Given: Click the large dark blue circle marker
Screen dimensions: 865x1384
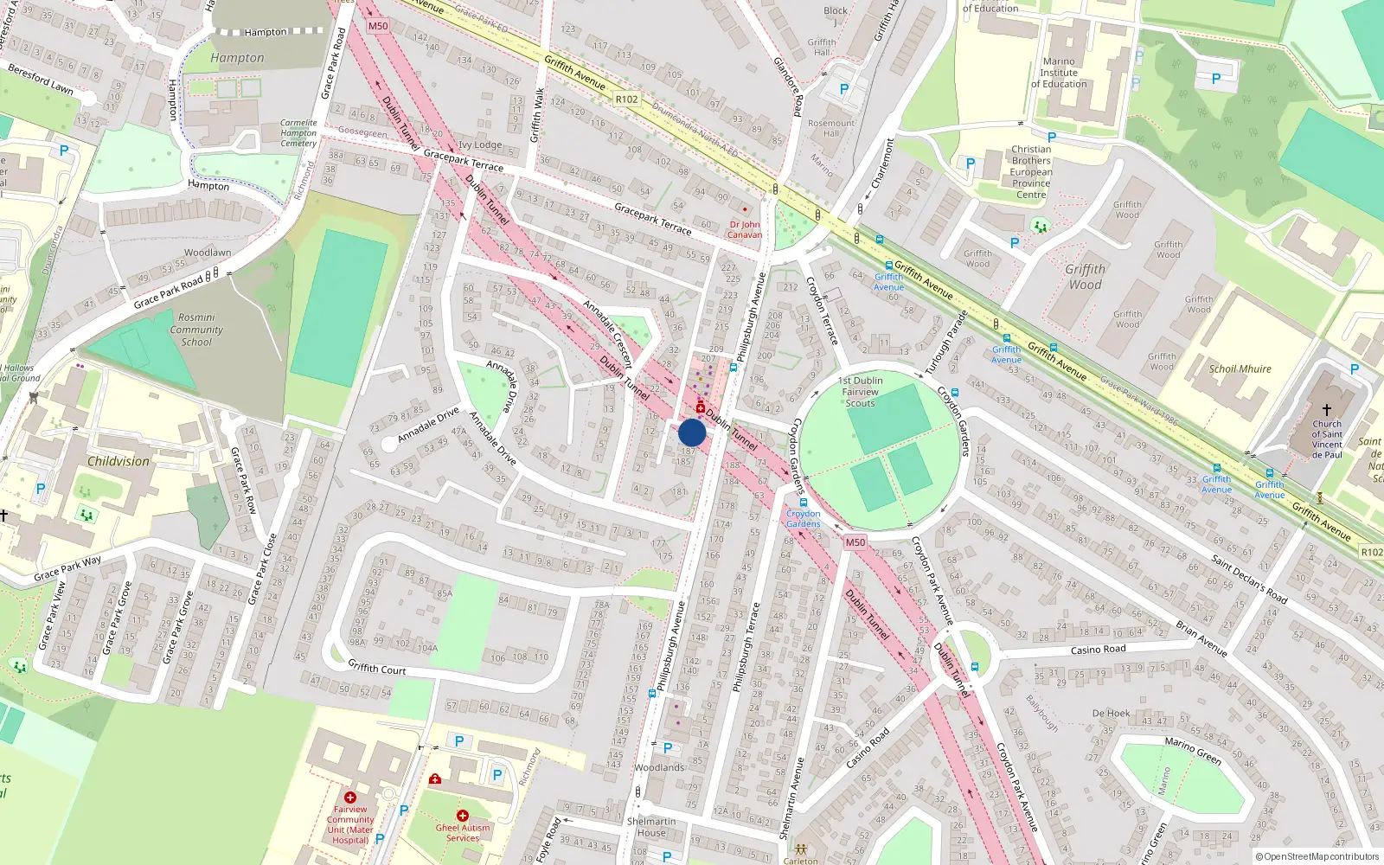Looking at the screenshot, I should pos(692,432).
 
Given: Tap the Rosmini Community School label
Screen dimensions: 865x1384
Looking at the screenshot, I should pos(196,330).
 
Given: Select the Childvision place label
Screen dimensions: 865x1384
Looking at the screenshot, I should pos(119,461).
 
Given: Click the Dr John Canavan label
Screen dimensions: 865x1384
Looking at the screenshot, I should pos(744,229).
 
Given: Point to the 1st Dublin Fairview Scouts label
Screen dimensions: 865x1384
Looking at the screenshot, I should pos(861,392).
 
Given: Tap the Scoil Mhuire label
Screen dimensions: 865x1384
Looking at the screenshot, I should pos(1240,368).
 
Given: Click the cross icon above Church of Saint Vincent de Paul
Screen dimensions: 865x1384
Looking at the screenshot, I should pos(1326,409).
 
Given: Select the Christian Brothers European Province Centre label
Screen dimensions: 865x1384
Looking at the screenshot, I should pos(1031,172).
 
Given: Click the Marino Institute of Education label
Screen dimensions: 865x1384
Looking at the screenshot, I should pos(1059,73).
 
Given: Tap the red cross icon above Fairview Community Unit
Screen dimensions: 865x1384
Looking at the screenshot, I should pos(350,797).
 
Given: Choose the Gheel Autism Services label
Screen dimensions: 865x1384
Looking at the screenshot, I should pos(463,833).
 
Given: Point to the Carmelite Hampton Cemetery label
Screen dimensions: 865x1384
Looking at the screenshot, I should pos(298,133).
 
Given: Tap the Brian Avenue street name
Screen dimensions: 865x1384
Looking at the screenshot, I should pos(1201,638).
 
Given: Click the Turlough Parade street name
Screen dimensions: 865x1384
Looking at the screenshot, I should pos(945,343).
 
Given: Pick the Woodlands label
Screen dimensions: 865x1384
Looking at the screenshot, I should pos(659,767).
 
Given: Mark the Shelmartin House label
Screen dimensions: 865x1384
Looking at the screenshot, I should pos(651,827).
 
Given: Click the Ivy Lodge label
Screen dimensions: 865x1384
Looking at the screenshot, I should pos(480,145).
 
